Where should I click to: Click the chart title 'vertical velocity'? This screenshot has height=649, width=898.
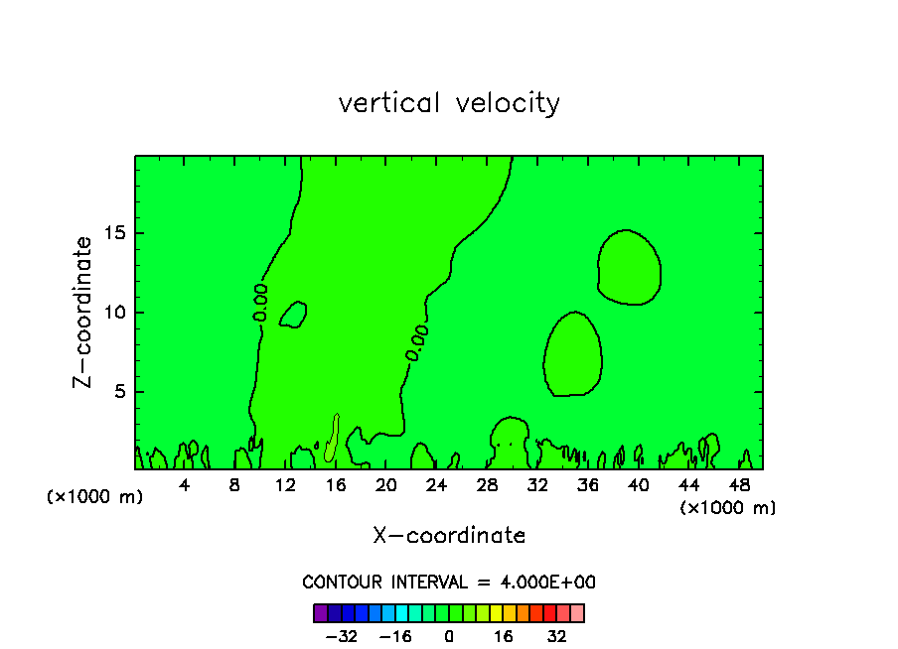pos(449,103)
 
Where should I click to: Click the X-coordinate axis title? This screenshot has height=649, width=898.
pos(449,536)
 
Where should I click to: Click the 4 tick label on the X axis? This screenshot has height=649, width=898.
pos(185,485)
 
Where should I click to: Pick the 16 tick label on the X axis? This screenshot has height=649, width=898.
pos(336,485)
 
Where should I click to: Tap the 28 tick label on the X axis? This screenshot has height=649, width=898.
pos(487,485)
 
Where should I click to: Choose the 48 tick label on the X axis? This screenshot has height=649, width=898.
pos(738,485)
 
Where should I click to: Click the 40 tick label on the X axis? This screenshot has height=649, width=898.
pos(638,485)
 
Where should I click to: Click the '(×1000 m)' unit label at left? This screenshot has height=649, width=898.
pos(95,497)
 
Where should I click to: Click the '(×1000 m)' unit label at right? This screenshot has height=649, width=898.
pos(728,508)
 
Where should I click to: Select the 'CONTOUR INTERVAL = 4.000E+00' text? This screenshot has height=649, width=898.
pos(449,583)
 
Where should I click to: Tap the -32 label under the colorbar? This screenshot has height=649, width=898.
pos(341,637)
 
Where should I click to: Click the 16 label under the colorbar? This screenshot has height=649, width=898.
pos(504,637)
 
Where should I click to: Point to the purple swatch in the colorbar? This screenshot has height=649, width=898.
pos(320,613)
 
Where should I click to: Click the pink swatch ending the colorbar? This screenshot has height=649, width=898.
pos(577,613)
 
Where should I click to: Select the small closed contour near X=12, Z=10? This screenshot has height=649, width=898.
pos(293,315)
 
